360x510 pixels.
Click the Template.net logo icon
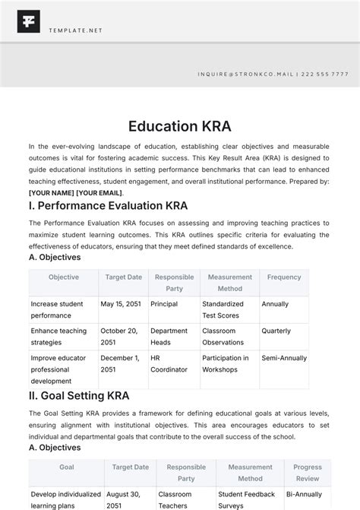[x=30, y=21]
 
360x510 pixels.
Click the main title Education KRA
[x=179, y=125]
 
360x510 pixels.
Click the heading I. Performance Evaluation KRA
[x=108, y=206]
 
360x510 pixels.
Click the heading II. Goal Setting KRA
[x=79, y=395]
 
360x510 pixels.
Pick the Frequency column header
[x=284, y=277]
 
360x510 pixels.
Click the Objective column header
[x=64, y=277]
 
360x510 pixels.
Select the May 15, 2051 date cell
[x=122, y=304]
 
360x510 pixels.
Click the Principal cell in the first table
[x=164, y=304]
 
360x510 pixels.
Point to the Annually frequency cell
[x=275, y=304]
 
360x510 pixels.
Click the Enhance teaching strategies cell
[x=59, y=337]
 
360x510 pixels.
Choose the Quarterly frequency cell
[x=276, y=331]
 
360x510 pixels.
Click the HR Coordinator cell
[x=169, y=364]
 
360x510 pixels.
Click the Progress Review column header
[x=308, y=474]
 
